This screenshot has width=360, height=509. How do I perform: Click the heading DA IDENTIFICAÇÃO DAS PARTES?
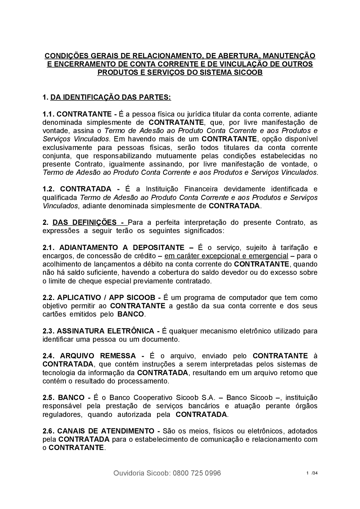111,97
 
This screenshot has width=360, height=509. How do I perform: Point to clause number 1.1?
48,114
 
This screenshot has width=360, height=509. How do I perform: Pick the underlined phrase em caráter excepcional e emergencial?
226,256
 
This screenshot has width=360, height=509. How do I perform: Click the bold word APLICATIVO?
78,297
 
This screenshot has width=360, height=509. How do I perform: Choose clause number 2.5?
48,397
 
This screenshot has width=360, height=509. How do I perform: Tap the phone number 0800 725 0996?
197,473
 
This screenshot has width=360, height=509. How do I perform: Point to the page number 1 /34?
312,473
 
